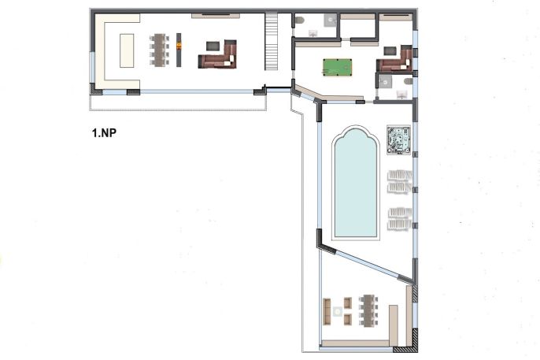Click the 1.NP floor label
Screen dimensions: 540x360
click(104, 133)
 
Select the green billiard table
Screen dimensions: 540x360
click(338, 67)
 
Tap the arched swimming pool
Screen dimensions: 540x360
click(356, 183)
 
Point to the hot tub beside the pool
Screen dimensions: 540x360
click(399, 139)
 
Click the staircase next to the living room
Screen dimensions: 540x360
click(272, 41)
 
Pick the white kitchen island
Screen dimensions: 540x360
click(127, 50)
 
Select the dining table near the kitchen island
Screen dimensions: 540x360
click(160, 50)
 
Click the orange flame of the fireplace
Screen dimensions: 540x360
click(179, 46)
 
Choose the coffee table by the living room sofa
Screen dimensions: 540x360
click(213, 46)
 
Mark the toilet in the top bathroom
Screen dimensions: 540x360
click(299, 20)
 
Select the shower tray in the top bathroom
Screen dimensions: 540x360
click(331, 20)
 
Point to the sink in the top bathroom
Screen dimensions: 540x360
click(313, 33)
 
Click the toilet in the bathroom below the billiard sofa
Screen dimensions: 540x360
click(408, 81)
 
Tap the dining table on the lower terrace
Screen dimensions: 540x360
click(368, 310)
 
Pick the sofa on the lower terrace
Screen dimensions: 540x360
click(327, 311)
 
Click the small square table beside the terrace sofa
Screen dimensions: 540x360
click(338, 312)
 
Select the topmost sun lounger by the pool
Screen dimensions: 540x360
click(400, 175)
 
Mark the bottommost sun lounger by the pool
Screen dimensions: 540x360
click(400, 225)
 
